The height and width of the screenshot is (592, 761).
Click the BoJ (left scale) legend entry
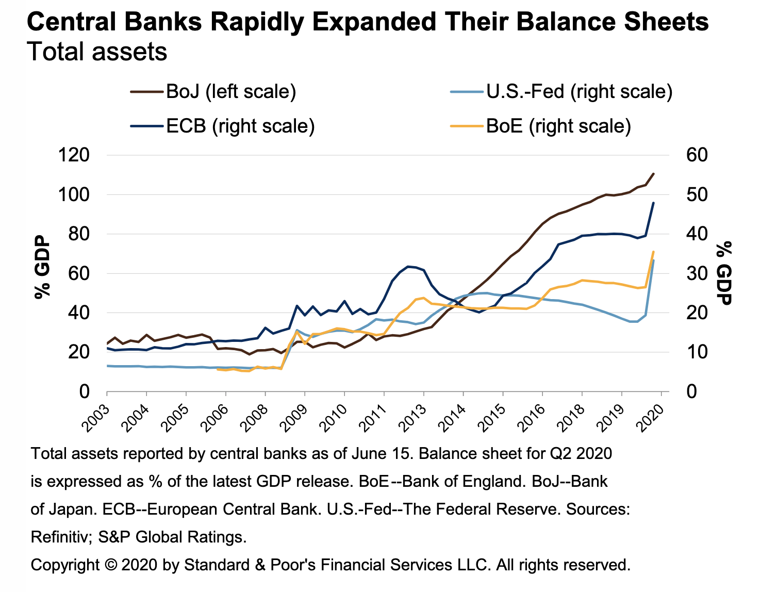click(x=230, y=92)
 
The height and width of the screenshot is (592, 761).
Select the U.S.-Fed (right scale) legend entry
click(x=579, y=92)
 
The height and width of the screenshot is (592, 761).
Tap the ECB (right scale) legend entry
click(x=240, y=126)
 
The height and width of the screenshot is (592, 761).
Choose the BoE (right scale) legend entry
click(x=558, y=126)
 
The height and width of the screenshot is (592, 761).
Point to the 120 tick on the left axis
click(x=75, y=155)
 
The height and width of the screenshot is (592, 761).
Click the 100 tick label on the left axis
click(x=75, y=195)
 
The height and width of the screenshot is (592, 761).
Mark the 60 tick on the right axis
click(x=698, y=155)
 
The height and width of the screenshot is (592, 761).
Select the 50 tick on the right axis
click(x=698, y=195)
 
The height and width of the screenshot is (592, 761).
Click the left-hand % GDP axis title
click(x=42, y=268)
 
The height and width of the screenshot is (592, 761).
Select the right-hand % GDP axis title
click(x=724, y=273)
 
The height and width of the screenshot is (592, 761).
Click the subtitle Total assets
click(x=97, y=52)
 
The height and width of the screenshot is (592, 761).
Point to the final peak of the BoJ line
click(x=654, y=174)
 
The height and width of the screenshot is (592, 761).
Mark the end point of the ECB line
click(x=654, y=203)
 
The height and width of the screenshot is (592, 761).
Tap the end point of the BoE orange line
click(x=654, y=252)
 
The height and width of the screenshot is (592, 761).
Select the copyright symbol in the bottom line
click(x=110, y=565)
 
